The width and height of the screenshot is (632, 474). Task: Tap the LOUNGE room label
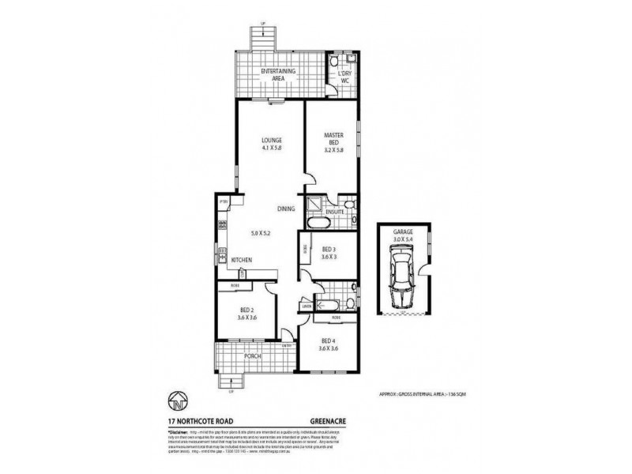click(x=273, y=142)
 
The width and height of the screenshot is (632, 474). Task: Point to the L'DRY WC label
click(x=344, y=75)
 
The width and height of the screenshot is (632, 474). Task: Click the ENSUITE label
click(x=335, y=212)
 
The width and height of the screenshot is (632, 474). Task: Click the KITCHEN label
click(x=241, y=259)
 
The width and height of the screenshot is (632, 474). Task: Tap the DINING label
click(x=286, y=209)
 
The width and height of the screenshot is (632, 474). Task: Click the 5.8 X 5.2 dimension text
click(x=261, y=233)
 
